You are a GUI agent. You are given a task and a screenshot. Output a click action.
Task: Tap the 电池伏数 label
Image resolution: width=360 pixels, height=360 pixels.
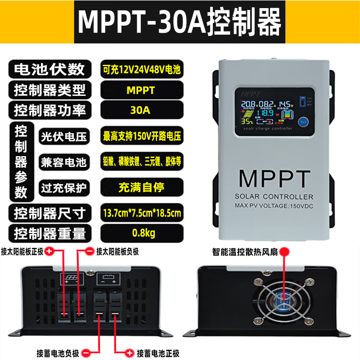49,69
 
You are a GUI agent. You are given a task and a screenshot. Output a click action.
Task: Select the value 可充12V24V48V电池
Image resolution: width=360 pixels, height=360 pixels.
142,70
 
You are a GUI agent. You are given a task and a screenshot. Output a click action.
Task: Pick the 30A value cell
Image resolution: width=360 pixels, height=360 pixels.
142,110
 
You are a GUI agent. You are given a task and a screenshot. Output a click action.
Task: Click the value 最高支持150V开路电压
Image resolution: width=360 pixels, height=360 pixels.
142,136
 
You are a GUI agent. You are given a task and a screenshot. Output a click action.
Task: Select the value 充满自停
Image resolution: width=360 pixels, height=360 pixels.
142,186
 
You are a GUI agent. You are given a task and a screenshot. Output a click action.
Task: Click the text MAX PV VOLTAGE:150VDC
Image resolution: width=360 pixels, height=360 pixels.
274,206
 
